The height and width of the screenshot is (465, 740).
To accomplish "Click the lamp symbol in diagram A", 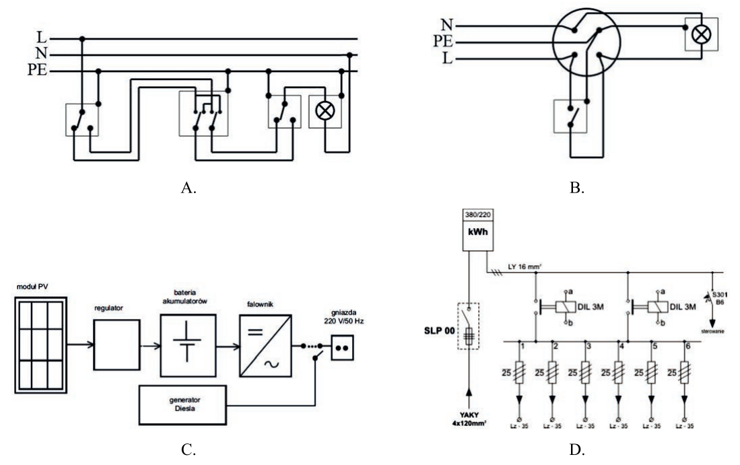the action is [325, 111].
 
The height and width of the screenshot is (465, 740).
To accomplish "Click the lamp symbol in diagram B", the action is [702, 34].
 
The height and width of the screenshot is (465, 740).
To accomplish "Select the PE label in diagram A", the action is [37, 70].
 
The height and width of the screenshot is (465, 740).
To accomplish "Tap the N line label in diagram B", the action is [446, 24].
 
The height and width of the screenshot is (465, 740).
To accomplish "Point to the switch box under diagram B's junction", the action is [570, 116].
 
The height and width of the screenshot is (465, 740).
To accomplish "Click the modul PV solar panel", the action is [40, 345].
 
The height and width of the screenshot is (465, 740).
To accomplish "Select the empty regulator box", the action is [116, 345].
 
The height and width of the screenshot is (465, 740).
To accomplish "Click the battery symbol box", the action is [188, 345].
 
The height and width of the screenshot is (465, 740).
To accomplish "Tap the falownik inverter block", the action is [266, 346].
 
